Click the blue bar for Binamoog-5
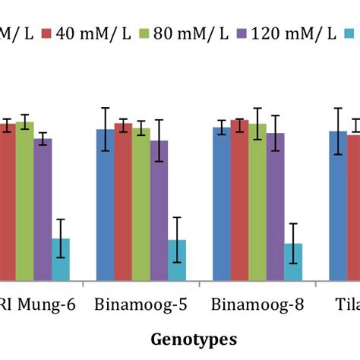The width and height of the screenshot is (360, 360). [x=106, y=205]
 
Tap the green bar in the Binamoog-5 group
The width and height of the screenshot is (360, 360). [x=141, y=205]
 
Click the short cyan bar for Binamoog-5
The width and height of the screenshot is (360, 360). [x=176, y=261]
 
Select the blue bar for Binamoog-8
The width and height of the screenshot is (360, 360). [x=221, y=204]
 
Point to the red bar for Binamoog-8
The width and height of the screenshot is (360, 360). [x=239, y=201]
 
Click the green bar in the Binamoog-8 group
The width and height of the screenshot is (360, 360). [x=257, y=203]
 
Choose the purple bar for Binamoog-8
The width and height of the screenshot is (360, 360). [x=275, y=207]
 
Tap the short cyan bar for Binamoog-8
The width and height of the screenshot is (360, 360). [x=293, y=262]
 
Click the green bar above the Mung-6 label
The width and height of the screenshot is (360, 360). [x=25, y=201]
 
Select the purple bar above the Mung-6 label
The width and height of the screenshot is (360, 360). [x=43, y=210]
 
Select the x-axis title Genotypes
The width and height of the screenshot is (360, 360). [x=194, y=338]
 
